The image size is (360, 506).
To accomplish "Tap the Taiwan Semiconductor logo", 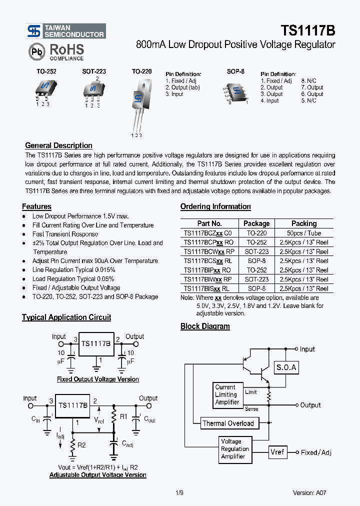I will pos(65,31).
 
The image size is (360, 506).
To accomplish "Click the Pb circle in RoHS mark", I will pos(36,52).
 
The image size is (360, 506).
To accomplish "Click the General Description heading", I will pos(58,145).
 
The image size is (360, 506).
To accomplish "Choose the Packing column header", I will pos(303,223).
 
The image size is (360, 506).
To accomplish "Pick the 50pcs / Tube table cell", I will pos(303,233).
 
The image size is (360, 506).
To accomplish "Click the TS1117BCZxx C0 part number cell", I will pos(207,233).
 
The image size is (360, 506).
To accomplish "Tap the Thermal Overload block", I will pos(227,423).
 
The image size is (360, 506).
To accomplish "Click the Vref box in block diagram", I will pos(277,452).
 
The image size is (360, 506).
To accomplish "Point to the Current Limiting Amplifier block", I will pos(226,394).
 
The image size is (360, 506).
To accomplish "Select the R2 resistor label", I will pos(81,444).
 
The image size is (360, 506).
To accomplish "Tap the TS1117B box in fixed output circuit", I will pos(95,344).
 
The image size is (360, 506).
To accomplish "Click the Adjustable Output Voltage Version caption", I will pos(97,475).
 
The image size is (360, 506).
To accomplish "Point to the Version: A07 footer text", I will pos(309,492).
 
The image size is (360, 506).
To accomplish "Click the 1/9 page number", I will pos(180,492).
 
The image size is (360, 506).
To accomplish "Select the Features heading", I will pos(36,206).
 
